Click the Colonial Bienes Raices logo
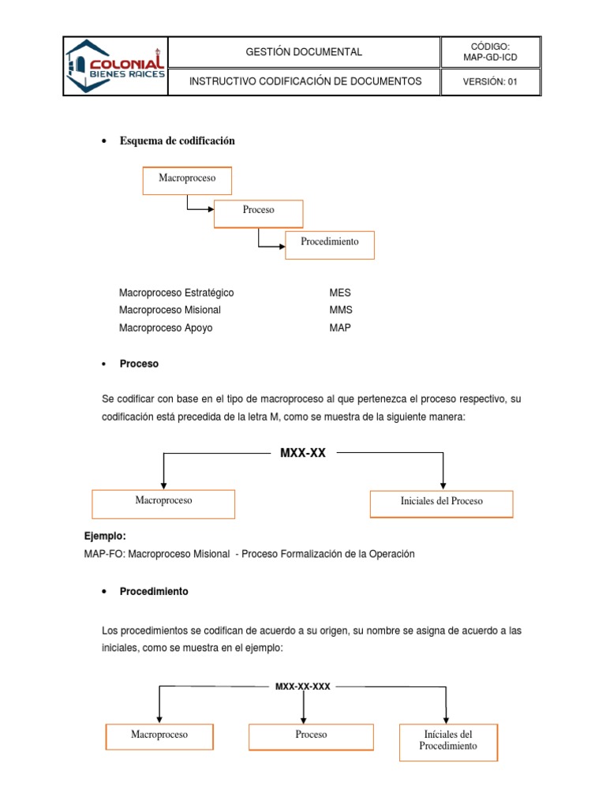pyautogui.click(x=117, y=66)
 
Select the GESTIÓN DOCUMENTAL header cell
pyautogui.click(x=304, y=52)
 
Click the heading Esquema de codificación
pyautogui.click(x=178, y=141)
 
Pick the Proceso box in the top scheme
pyautogui.click(x=259, y=211)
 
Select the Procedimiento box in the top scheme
pyautogui.click(x=329, y=242)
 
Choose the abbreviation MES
pyautogui.click(x=340, y=293)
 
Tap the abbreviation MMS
pyautogui.click(x=341, y=310)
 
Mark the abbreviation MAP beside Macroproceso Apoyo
pyautogui.click(x=340, y=327)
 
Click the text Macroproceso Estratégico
pyautogui.click(x=176, y=293)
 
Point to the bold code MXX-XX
pyautogui.click(x=303, y=453)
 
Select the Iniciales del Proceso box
pyautogui.click(x=441, y=502)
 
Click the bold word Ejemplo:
pyautogui.click(x=104, y=537)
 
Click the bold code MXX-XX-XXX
pyautogui.click(x=302, y=686)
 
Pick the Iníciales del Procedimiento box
pyautogui.click(x=448, y=740)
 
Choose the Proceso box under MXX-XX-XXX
pyautogui.click(x=311, y=735)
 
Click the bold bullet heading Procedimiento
pyautogui.click(x=154, y=591)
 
